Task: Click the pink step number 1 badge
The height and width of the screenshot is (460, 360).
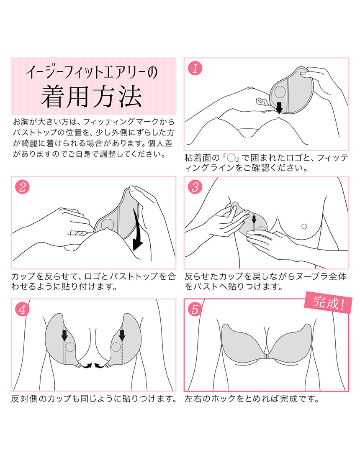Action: (195, 68)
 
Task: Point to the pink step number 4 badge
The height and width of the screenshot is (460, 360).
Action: (22, 309)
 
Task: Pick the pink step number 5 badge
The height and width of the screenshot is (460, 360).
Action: (195, 309)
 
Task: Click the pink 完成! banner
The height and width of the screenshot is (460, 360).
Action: (328, 302)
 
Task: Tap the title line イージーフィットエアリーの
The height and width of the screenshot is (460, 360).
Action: (91, 72)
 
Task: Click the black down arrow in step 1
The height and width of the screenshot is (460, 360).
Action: (279, 107)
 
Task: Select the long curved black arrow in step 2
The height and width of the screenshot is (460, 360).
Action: (138, 229)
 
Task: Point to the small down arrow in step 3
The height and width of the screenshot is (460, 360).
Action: (254, 219)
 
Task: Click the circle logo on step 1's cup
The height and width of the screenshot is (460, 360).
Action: (280, 92)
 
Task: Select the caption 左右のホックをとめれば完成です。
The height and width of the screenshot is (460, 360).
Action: (252, 399)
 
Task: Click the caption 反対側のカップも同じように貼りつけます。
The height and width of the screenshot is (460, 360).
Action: (94, 399)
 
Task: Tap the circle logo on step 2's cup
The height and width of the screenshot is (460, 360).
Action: (107, 225)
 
